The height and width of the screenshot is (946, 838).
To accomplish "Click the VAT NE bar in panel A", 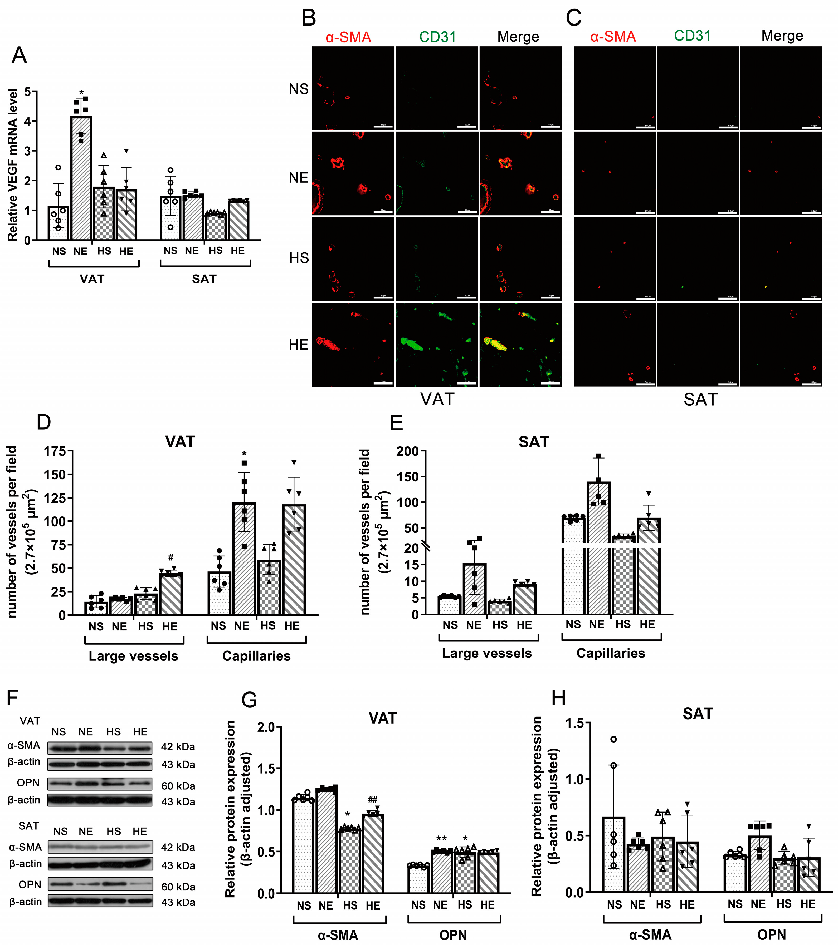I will (81, 178).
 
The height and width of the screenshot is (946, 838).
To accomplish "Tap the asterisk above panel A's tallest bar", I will (81, 93).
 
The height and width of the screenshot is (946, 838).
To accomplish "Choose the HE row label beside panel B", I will (298, 345).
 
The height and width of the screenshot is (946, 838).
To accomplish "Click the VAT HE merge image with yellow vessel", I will (520, 345).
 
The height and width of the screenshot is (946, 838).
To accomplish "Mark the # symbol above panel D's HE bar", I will (171, 557).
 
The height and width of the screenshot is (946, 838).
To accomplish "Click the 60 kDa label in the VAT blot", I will (178, 786).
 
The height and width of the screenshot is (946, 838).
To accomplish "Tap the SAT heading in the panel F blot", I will (29, 826).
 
